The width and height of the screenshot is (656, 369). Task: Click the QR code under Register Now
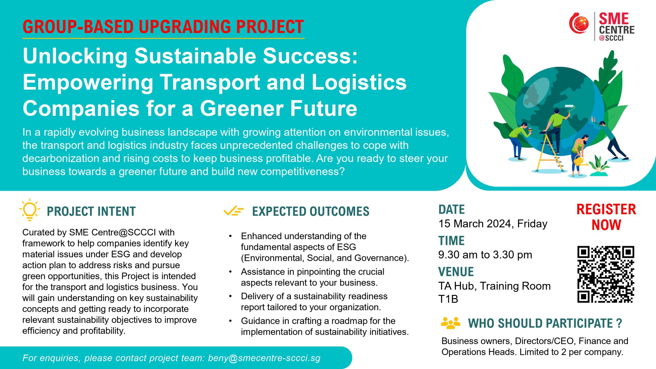pos(606,274)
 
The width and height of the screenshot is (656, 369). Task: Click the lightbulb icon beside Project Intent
pos(30,210)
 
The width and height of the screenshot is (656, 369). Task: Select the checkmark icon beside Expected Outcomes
pos(233,211)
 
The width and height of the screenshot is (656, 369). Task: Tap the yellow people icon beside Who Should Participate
pos(450,323)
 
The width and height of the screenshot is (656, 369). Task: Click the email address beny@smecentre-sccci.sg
pos(264,358)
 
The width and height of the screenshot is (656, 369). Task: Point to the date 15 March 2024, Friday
pos(493,224)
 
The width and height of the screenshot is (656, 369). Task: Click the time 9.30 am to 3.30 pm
pos(485,255)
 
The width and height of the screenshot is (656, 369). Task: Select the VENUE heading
pos(456,272)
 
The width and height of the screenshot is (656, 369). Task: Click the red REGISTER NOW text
pos(606,217)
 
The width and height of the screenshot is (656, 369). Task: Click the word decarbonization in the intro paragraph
pos(60,158)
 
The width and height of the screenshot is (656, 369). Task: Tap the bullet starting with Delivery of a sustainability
pos(314,302)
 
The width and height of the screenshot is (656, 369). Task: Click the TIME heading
pos(451,241)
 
